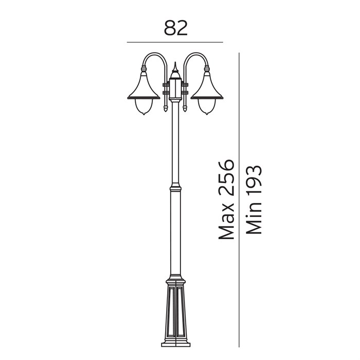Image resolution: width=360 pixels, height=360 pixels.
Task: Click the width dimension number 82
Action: tap(176, 28)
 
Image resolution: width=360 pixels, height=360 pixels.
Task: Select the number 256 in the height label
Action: tap(226, 178)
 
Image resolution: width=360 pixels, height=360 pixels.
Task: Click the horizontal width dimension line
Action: tap(175, 42)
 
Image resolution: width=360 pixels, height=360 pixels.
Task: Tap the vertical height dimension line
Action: tap(239, 200)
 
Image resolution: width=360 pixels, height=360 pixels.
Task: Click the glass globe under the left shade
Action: tap(143, 107)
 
